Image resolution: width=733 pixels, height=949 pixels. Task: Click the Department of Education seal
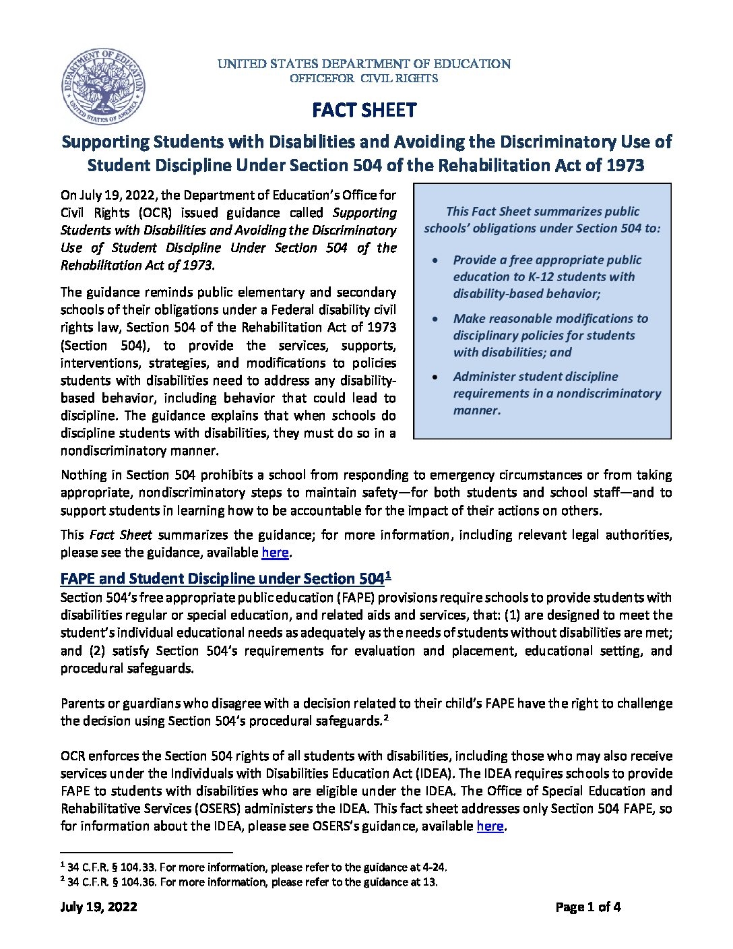pos(103,87)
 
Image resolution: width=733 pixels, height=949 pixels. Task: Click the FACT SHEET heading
pos(364,111)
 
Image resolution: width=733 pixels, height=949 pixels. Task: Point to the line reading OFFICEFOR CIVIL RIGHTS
pos(364,78)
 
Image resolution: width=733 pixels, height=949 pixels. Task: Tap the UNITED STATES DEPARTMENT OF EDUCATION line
pos(364,64)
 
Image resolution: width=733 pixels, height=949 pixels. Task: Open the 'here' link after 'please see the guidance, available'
pos(275,553)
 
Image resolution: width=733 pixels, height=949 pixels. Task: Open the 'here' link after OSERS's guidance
pos(490,826)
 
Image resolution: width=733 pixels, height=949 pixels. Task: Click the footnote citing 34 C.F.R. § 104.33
pos(256,867)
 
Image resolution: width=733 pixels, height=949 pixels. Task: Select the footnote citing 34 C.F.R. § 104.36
pos(252,882)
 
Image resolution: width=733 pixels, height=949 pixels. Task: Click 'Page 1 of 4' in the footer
pos(587,907)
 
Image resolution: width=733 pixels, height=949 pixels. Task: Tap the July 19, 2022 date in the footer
pos(99,907)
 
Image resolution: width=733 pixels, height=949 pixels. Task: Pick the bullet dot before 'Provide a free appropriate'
pos(437,260)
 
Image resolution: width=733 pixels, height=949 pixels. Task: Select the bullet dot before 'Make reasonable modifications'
pos(437,319)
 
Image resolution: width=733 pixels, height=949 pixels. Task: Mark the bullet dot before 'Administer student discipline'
pos(437,377)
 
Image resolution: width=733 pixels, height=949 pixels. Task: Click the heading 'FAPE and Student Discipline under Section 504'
pos(222,578)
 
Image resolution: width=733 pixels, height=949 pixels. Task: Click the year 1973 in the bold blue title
pos(624,165)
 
